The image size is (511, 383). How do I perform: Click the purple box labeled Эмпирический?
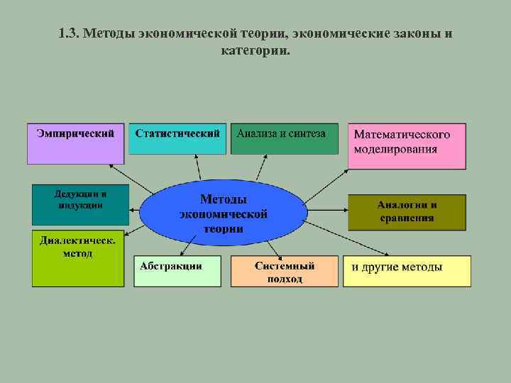[75, 144]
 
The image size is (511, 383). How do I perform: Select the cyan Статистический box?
[177, 139]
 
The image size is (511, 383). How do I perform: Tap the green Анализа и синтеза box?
[284, 139]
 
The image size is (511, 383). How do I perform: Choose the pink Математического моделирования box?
[407, 148]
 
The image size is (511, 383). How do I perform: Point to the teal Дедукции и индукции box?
[80, 204]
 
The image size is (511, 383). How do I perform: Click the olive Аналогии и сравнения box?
[407, 211]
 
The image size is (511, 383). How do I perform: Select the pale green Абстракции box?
[177, 271]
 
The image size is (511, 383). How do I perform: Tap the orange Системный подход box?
[284, 271]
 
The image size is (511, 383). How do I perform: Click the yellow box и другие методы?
[407, 271]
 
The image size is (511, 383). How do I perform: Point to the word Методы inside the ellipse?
[223, 199]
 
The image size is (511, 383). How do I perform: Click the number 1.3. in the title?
[68, 34]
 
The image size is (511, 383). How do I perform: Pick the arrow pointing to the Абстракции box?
[186, 249]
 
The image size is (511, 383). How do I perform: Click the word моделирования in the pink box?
[395, 150]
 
